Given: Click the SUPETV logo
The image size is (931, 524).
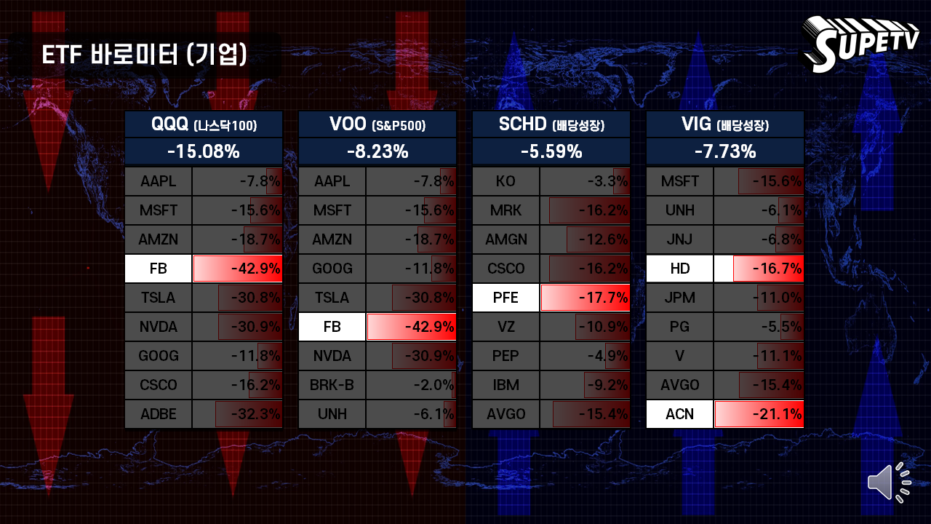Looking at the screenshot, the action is point(860,44).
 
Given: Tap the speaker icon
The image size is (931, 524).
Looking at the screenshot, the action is point(890,483).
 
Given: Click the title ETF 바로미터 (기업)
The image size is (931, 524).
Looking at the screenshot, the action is point(144,55).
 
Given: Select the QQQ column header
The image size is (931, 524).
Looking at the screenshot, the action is point(204,124).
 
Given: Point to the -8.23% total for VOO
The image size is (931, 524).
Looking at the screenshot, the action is point(377,151).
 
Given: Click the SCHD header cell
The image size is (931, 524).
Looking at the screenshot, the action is point(551,124).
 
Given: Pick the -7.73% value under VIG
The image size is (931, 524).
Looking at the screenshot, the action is point(725,151).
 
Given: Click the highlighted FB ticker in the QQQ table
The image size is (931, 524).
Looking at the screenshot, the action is point(159,269).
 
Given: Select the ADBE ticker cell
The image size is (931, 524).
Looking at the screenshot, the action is point(159,414).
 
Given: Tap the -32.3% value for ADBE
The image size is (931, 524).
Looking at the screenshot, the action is point(255,414).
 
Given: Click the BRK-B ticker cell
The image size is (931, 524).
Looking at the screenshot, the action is point(332,385).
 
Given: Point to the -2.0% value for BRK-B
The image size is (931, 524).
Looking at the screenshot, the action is point(433,385).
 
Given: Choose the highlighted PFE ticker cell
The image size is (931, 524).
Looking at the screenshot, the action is point(506,298).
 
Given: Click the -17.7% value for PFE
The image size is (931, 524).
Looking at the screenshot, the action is point(604,298).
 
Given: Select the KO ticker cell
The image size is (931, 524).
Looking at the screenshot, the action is point(506,181).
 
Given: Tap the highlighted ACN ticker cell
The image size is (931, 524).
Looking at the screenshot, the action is point(679,414).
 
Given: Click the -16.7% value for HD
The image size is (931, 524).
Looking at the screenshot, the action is point(778,269).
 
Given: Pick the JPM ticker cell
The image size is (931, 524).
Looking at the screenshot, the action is point(679,298).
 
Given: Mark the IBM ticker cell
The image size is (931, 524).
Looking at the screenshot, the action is point(506,385).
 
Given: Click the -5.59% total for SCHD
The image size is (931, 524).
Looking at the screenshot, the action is point(551,151).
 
